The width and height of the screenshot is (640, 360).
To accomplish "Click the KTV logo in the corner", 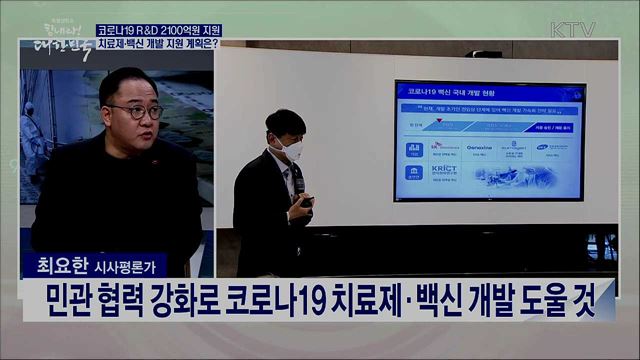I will [573, 28].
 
